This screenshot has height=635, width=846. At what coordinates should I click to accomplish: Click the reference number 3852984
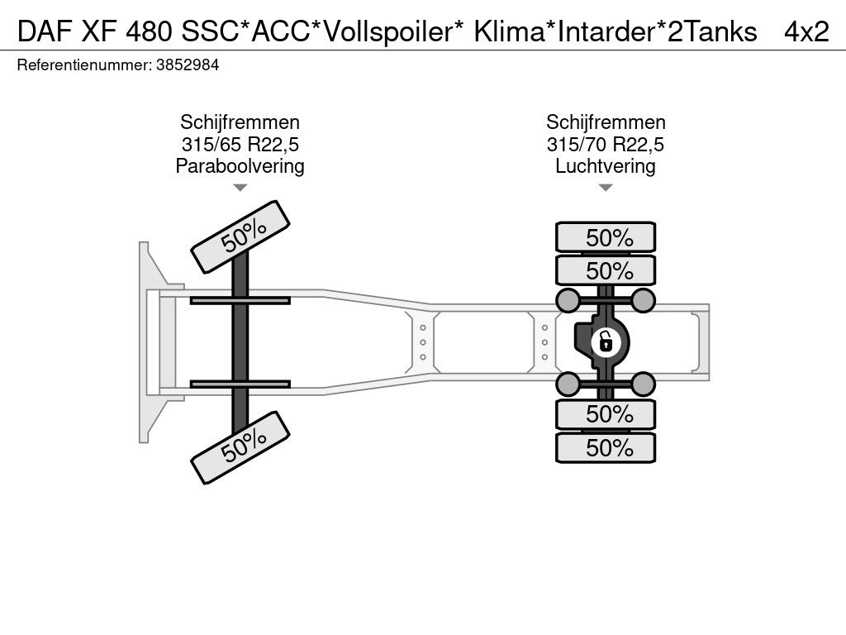point(187,65)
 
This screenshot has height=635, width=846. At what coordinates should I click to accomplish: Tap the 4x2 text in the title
point(806,31)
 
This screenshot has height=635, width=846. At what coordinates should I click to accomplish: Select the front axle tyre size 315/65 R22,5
point(240,145)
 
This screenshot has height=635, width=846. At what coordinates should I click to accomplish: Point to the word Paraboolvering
point(240,166)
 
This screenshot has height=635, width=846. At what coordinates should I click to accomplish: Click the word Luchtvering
point(606,166)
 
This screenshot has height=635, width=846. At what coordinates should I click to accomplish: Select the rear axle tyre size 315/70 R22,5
point(606,145)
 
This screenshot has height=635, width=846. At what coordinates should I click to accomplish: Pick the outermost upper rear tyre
point(606,237)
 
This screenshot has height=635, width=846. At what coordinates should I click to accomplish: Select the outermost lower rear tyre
point(606,448)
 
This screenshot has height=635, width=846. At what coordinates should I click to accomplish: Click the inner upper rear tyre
point(606,270)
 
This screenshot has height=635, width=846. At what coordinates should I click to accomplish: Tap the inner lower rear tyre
point(606,414)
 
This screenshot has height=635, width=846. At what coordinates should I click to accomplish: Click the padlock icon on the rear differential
point(606,340)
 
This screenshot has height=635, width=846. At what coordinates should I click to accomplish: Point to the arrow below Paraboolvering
point(240,189)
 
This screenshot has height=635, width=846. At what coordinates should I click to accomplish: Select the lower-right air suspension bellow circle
point(643,382)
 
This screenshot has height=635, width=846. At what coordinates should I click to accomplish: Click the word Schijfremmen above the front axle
point(240,123)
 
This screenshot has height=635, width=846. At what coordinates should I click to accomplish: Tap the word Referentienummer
point(83,65)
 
